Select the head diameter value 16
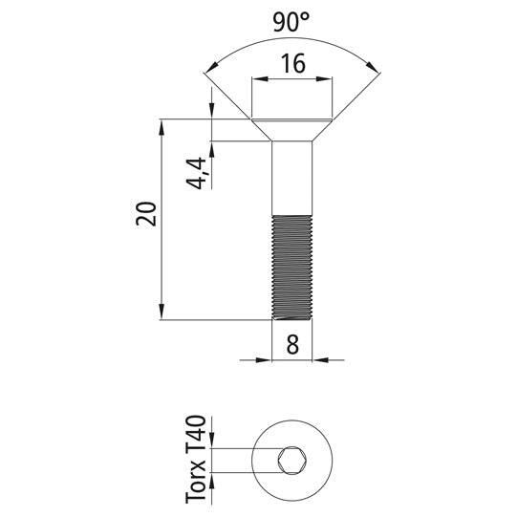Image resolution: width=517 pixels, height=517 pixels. point(292,65)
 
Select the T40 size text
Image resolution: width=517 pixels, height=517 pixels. point(197,436)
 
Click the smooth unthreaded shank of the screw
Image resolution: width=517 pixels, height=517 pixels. point(292,178)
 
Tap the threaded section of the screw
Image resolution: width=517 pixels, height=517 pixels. point(292,267)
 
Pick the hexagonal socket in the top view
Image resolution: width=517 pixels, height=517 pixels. point(291,462)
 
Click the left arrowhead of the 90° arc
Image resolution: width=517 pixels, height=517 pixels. point(210,66)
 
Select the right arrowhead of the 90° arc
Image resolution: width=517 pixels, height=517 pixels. point(374,66)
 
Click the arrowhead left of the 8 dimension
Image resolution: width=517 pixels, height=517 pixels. point(266,360)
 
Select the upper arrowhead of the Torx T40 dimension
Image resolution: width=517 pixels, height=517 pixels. point(213,443)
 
